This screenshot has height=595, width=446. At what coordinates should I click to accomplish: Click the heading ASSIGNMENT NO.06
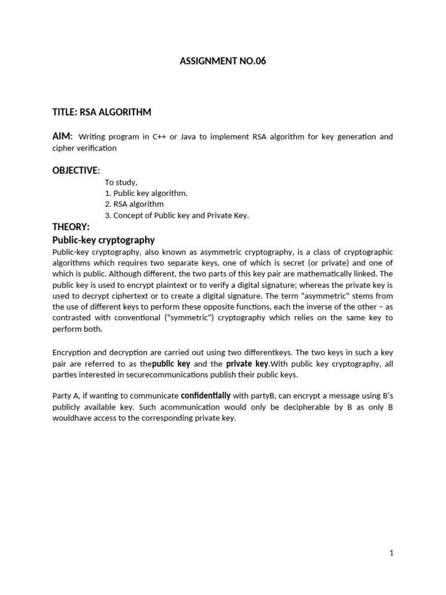point(223,61)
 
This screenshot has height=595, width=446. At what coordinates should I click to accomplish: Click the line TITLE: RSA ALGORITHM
point(102,112)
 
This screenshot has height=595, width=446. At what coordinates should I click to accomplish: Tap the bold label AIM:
point(63,136)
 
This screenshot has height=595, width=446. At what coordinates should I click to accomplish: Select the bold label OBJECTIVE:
point(77,170)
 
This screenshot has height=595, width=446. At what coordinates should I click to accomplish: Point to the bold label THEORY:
point(71,227)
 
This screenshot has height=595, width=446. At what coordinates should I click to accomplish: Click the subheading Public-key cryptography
point(103,240)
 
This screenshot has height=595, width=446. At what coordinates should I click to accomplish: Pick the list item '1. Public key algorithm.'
point(146,193)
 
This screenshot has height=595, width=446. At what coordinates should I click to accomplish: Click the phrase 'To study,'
point(121,182)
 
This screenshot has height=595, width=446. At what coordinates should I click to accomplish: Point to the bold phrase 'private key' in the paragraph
point(247,364)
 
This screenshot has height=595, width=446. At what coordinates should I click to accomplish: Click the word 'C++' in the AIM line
point(159,137)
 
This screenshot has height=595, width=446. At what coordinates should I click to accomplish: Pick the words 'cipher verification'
point(85,148)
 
